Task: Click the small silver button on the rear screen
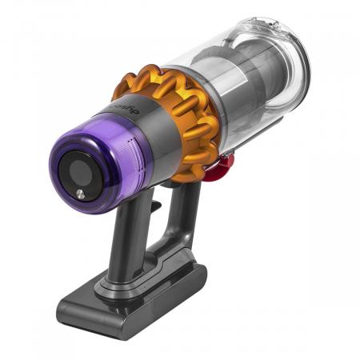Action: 81,193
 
